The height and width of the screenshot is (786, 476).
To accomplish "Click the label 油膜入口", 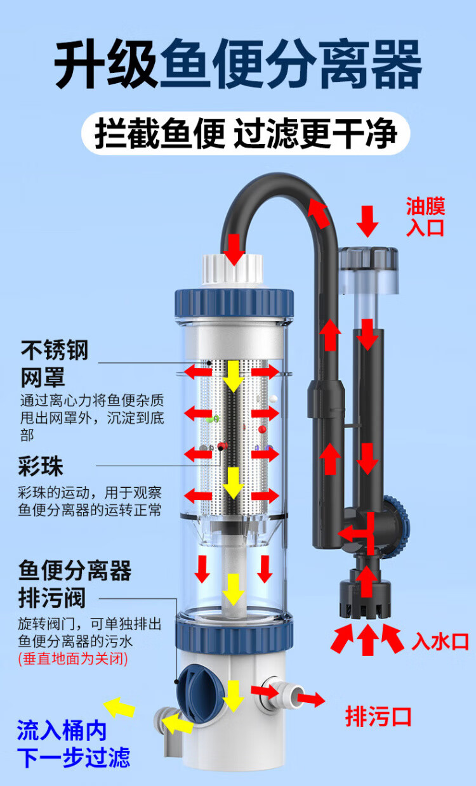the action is [426, 216].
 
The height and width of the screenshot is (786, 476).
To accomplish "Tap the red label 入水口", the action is [440, 641].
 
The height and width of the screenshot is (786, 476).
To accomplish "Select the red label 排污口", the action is [378, 717].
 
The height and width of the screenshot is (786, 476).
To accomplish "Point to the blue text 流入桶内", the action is [62, 731].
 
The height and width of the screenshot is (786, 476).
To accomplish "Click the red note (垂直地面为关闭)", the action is [73, 658].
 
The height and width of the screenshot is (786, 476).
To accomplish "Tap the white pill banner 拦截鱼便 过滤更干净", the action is [246, 134].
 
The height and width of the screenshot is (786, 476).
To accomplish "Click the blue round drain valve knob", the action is [198, 689].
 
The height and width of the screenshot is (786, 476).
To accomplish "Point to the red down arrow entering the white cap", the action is [235, 249].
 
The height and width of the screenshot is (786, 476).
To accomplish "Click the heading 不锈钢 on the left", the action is [55, 350].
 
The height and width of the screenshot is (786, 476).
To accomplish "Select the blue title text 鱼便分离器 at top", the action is [290, 66].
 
